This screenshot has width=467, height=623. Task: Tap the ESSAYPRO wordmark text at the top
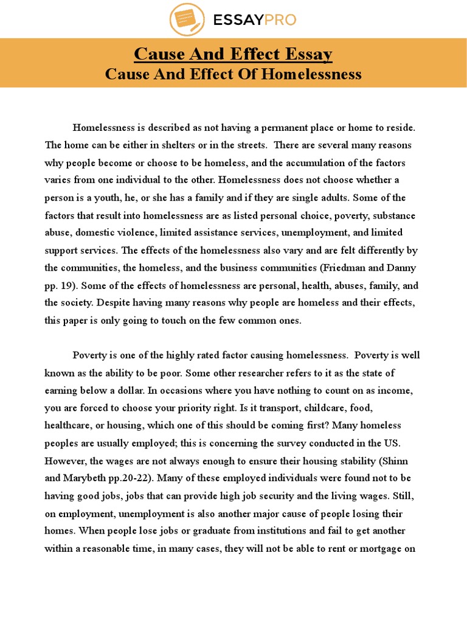(x=254, y=20)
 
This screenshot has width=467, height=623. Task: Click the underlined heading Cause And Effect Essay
(x=233, y=54)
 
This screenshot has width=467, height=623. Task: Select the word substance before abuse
(x=396, y=215)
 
